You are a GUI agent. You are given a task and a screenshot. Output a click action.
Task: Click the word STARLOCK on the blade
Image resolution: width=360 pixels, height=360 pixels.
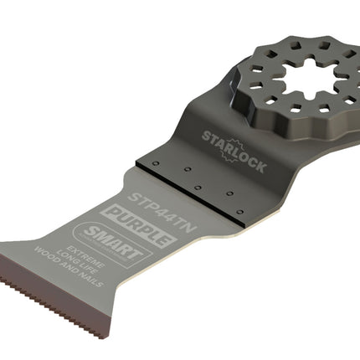click(x=234, y=152)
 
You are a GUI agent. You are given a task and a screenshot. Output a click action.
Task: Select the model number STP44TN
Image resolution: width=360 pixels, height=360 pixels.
click(x=162, y=213)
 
